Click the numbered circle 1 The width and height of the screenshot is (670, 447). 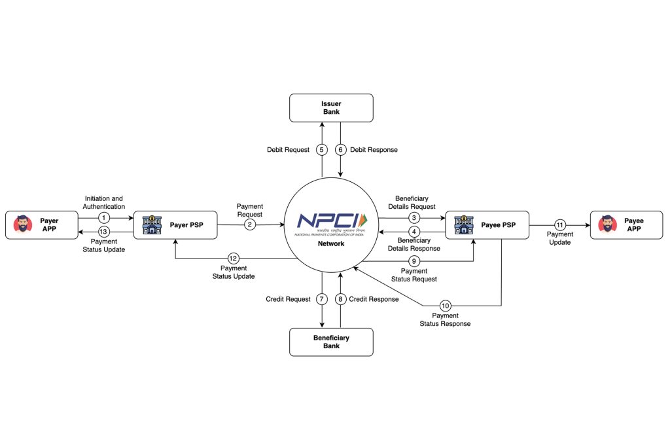[x=104, y=217]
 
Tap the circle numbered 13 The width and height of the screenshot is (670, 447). [x=104, y=231]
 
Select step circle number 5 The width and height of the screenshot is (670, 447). [x=321, y=150]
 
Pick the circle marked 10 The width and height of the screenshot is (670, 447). [x=445, y=306]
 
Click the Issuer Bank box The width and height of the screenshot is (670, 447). [x=331, y=107]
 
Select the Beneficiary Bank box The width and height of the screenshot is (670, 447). [x=331, y=342]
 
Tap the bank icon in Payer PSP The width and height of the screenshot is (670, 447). [x=152, y=224]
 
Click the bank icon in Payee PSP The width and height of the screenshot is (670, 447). [x=463, y=224]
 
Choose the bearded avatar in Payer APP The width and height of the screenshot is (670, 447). [x=23, y=224]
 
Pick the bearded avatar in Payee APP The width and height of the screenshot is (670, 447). [x=608, y=224]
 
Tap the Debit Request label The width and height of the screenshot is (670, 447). [x=287, y=150]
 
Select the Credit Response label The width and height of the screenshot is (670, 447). [x=374, y=299]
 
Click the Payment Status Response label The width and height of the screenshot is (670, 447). [x=445, y=320]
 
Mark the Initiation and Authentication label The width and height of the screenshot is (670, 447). [x=104, y=203]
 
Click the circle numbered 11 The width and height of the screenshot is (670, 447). [x=560, y=224]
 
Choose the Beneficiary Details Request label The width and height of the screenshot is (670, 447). [x=412, y=202]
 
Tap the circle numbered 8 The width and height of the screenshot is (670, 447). [x=340, y=299]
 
